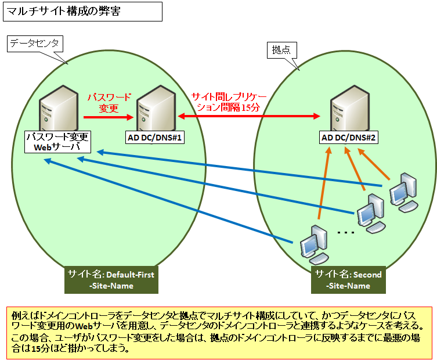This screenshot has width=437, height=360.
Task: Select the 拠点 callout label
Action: tap(281, 50)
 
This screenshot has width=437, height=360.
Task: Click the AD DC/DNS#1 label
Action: tap(155, 138)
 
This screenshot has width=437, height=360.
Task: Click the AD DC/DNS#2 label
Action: tap(349, 138)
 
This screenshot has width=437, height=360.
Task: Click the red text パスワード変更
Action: tap(110, 102)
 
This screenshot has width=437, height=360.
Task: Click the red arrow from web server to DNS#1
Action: tap(110, 117)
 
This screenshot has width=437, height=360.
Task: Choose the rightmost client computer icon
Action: tap(402, 192)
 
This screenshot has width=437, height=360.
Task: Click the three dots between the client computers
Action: tap(346, 233)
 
